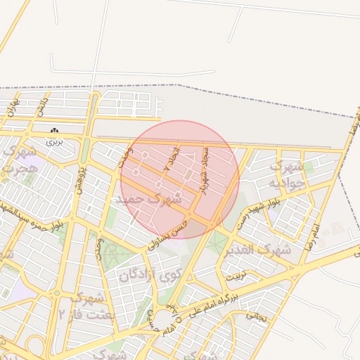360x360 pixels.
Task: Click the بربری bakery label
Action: click(x=54, y=141)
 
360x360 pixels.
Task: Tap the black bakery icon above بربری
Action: click(x=54, y=131)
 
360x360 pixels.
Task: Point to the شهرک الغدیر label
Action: click(x=264, y=250)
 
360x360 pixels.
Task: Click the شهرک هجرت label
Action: click(x=20, y=160)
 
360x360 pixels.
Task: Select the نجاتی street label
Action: click(x=255, y=317)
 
